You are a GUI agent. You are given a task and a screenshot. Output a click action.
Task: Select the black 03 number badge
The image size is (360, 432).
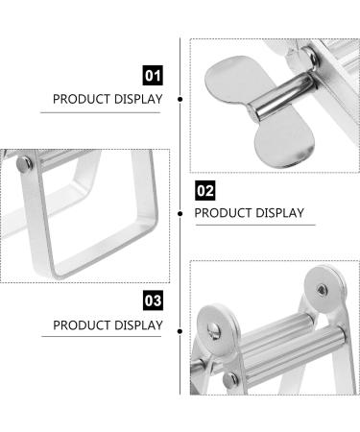pos(152,301)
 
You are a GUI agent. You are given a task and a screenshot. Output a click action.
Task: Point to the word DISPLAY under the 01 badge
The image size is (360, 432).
pos(138,99)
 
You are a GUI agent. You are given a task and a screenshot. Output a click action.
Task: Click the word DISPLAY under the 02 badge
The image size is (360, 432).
pos(280,213)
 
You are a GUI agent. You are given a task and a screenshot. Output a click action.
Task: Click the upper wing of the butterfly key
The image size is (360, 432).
pos(233,74)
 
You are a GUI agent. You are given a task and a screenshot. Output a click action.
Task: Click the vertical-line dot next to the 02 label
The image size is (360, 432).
pos(181,213)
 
